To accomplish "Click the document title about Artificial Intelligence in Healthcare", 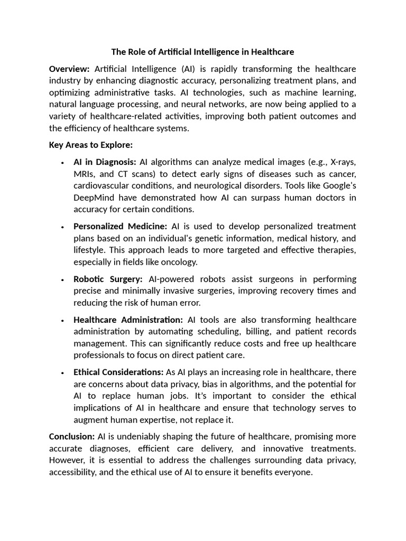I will (x=202, y=52).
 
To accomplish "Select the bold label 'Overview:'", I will (x=69, y=69).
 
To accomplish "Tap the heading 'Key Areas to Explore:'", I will (x=90, y=145).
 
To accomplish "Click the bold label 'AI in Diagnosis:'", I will (x=105, y=162).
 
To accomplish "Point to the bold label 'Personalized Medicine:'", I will (x=120, y=226).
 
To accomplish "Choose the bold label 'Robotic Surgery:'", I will (x=108, y=278).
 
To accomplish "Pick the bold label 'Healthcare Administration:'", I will (x=128, y=320).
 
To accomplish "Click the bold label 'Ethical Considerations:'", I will (x=118, y=372).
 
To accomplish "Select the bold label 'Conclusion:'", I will (x=72, y=436).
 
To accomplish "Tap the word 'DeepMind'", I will (x=94, y=198).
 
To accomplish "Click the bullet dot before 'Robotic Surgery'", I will (x=62, y=279).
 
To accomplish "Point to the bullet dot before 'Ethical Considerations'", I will (x=62, y=373).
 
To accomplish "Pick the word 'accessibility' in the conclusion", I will (x=71, y=472).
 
